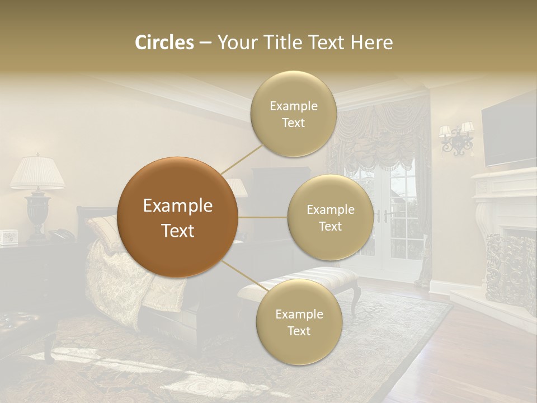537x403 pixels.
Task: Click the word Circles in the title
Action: pyautogui.click(x=164, y=43)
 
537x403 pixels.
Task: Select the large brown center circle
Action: pyautogui.click(x=178, y=217)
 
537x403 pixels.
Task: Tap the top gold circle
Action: pyautogui.click(x=293, y=114)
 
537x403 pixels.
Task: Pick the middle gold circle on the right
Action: pyautogui.click(x=330, y=218)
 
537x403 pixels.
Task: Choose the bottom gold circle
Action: pyautogui.click(x=299, y=322)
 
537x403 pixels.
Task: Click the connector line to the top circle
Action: pyautogui.click(x=242, y=158)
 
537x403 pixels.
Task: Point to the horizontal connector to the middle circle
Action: pyautogui.click(x=263, y=217)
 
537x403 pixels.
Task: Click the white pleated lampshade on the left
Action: pyautogui.click(x=37, y=172)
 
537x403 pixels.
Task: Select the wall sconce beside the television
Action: pyautogui.click(x=457, y=138)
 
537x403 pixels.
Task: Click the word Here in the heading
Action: pyautogui.click(x=372, y=43)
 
